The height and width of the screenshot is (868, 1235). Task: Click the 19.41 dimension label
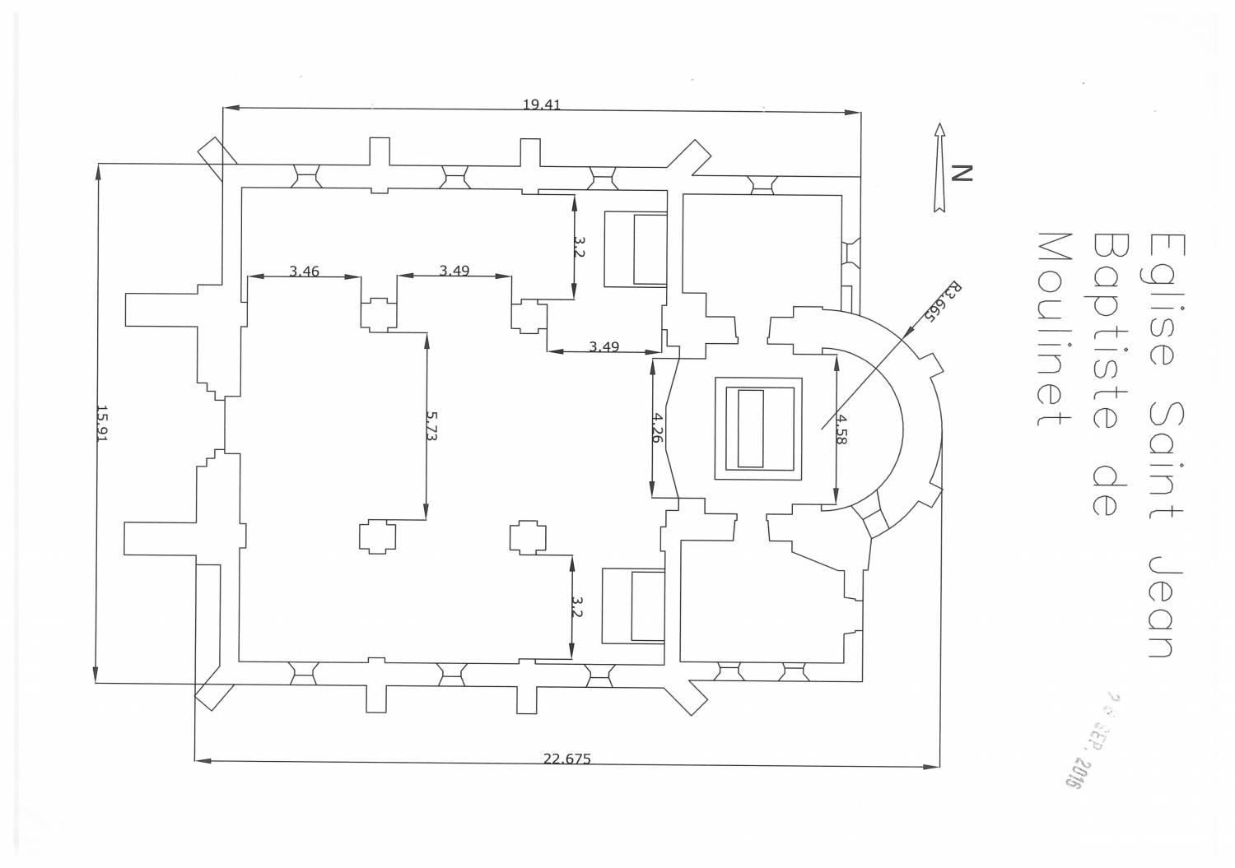tap(541, 104)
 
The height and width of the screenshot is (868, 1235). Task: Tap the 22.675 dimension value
tap(566, 759)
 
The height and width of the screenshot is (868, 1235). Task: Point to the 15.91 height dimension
tap(102, 423)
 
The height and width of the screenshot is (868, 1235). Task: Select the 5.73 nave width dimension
tap(431, 426)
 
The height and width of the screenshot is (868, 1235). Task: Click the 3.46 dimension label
tap(304, 271)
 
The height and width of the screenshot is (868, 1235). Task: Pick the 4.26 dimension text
tap(657, 428)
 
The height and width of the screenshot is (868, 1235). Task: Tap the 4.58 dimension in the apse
tap(841, 429)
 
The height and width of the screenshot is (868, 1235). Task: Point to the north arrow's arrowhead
tap(939, 130)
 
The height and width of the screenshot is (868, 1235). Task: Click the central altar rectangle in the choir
tap(750, 428)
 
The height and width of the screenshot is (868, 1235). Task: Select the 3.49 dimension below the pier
tap(604, 346)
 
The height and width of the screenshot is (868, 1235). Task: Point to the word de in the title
tap(1107, 490)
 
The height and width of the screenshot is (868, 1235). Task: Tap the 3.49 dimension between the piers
tap(454, 270)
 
